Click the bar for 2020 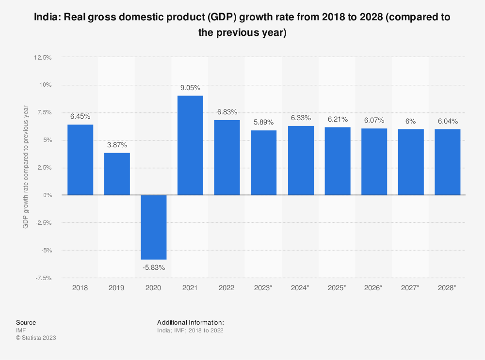click(154, 227)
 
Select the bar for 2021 click(191, 145)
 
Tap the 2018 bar click(80, 160)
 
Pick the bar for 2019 click(117, 174)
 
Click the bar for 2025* click(338, 161)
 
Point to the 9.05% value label click(191, 88)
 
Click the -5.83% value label click(154, 267)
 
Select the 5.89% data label click(264, 123)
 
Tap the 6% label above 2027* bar click(411, 122)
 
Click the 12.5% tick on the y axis click(43, 57)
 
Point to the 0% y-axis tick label click(47, 195)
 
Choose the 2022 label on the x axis click(227, 288)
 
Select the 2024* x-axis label click(301, 288)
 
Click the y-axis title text click(26, 167)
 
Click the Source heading click(26, 322)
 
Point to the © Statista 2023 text click(36, 338)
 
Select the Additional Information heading click(191, 322)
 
